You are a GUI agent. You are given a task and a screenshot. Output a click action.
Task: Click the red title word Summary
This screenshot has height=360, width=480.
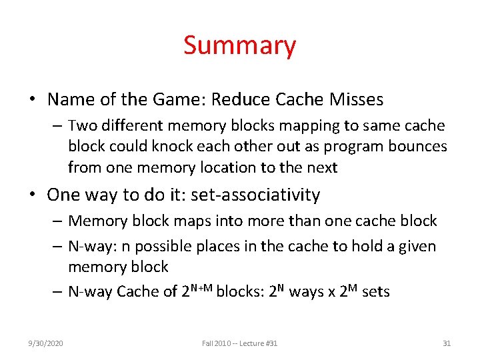(x=239, y=46)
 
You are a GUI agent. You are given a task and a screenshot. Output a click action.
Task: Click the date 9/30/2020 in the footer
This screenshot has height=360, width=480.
(x=46, y=343)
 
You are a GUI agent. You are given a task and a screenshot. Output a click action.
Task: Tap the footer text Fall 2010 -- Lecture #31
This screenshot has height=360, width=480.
(x=239, y=343)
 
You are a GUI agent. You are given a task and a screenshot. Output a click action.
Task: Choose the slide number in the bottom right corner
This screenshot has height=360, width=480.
(x=447, y=343)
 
